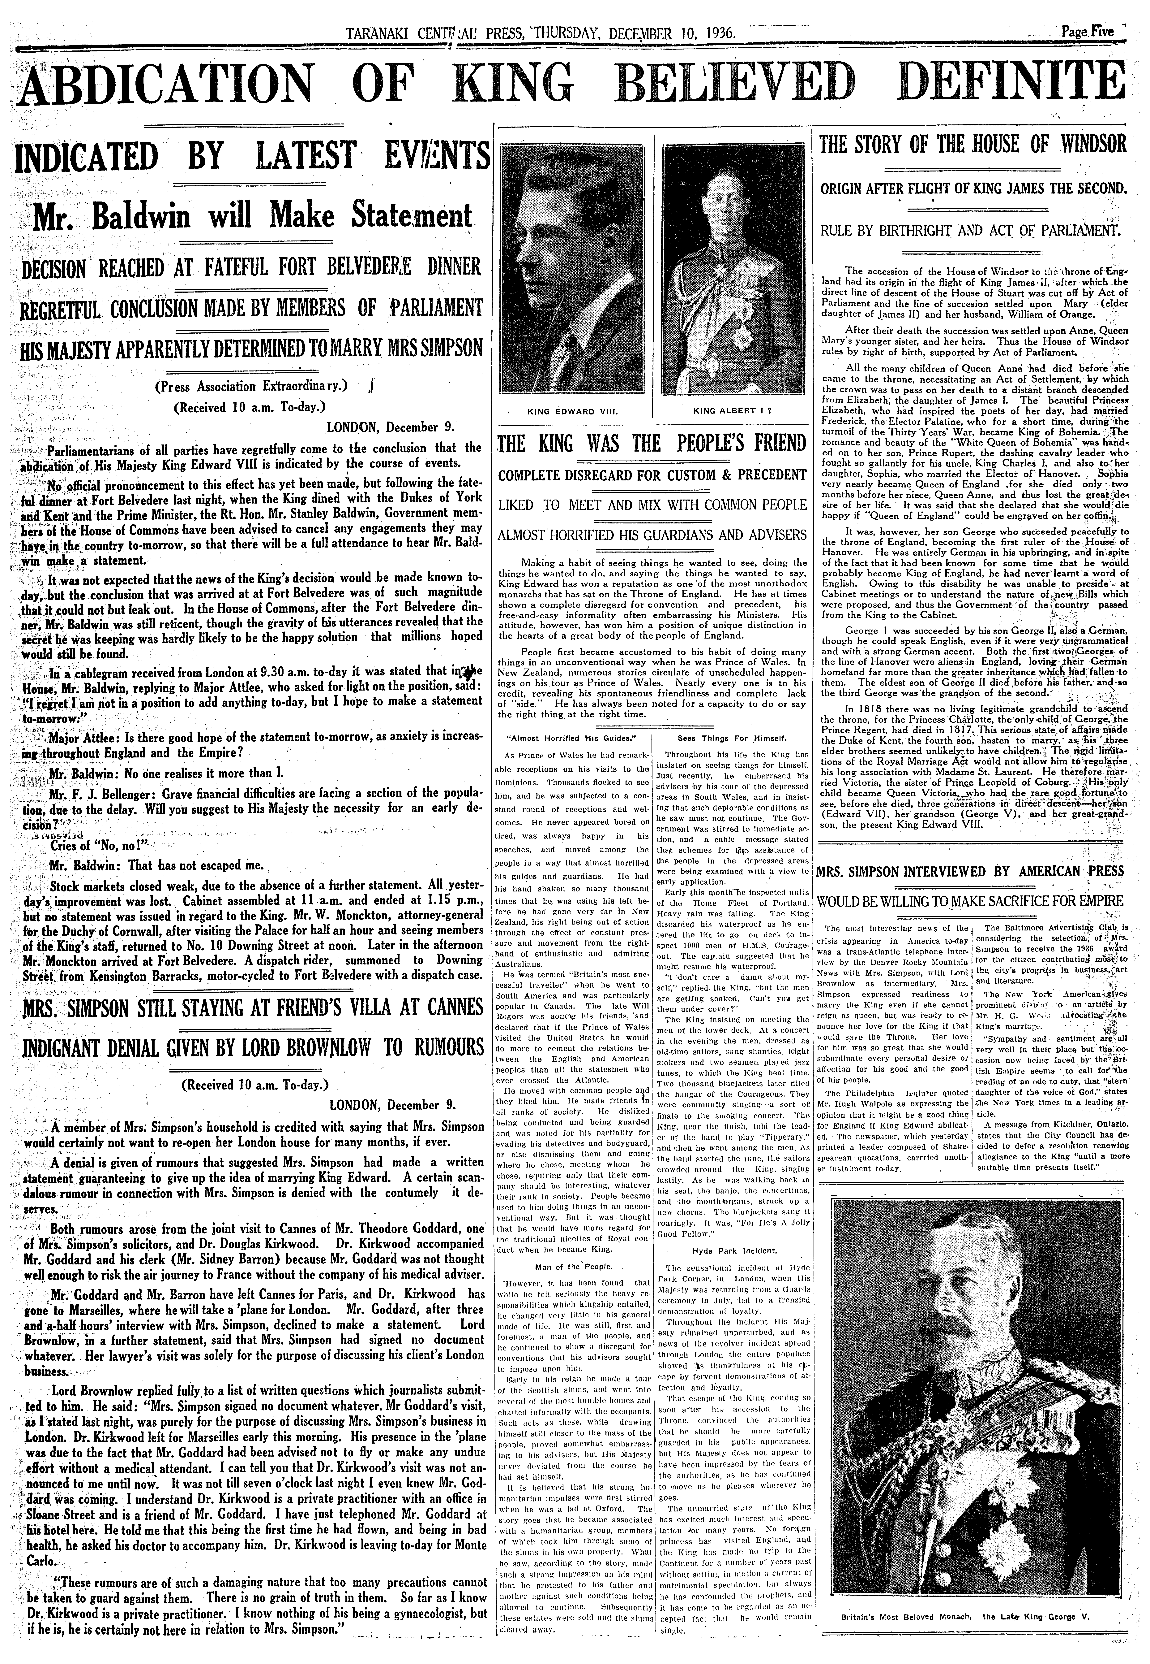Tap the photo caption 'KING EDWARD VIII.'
tap(574, 412)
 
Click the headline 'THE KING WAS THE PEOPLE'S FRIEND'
tap(651, 443)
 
